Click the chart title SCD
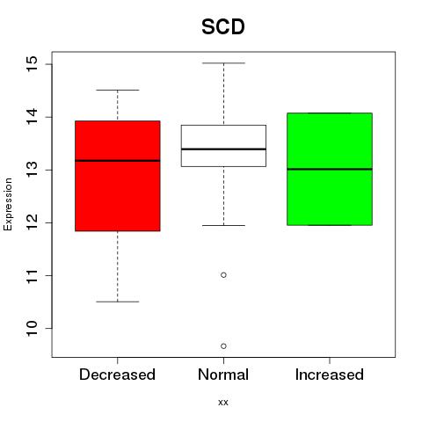223,26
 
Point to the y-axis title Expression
8,204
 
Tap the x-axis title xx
223,402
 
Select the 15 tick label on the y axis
32,64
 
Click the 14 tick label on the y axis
32,117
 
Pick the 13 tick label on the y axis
32,170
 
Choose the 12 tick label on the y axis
32,222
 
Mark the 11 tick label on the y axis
32,275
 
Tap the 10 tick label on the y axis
32,328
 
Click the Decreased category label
117,375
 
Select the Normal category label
223,375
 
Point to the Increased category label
330,375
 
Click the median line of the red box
118,161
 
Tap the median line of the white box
223,149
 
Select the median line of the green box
330,169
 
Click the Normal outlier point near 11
223,275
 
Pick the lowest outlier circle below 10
223,346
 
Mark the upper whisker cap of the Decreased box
118,90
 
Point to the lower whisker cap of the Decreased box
118,302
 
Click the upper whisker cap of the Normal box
223,63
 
